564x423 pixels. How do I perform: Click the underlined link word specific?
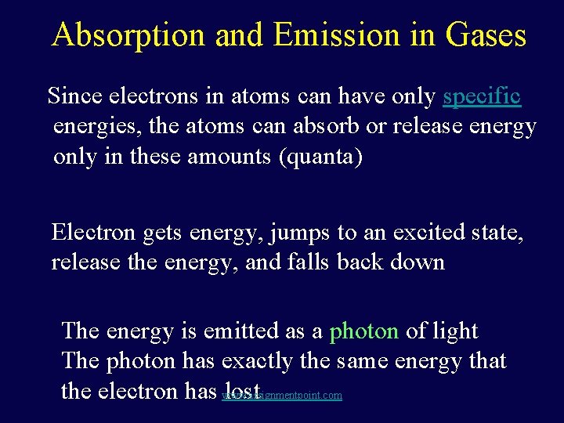482,96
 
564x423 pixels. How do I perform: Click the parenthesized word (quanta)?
321,156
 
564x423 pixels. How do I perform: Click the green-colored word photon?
364,331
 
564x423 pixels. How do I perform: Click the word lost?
241,390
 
